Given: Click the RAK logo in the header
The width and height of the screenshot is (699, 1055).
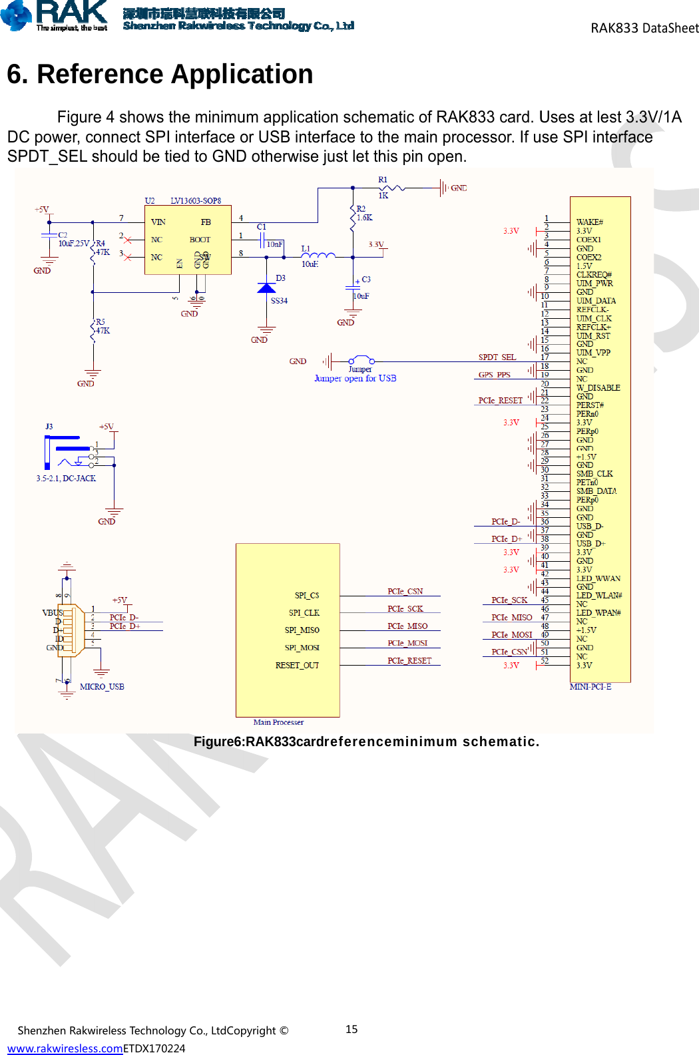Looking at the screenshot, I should (x=55, y=15).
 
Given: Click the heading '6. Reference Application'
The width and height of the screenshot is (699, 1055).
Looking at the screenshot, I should (x=160, y=74).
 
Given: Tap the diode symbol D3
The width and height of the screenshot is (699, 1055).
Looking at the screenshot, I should (x=266, y=288).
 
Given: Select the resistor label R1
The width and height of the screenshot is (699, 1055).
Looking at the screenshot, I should (x=383, y=180).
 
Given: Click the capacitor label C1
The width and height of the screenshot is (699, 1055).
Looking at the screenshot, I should (x=262, y=227).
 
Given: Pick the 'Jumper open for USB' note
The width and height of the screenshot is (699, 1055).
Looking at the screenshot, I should (x=355, y=378).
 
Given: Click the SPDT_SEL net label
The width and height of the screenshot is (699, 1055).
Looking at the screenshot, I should (x=497, y=357).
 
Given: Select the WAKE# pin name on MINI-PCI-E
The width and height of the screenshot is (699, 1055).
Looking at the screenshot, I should (x=589, y=222).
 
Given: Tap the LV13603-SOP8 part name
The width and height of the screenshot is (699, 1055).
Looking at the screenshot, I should (x=196, y=200).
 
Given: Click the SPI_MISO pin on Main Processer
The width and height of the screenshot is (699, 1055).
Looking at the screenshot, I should (x=302, y=630).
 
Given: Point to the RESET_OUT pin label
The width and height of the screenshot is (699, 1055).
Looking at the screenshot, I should (x=297, y=665).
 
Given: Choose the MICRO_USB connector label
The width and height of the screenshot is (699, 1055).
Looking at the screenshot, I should (x=102, y=686).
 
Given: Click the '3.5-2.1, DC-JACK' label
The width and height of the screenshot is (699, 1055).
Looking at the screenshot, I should (x=66, y=478).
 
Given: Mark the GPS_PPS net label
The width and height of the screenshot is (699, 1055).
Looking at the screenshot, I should (x=494, y=375).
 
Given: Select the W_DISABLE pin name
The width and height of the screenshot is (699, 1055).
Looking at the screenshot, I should (x=598, y=387).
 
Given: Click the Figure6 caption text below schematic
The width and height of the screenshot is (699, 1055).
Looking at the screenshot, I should (x=366, y=741).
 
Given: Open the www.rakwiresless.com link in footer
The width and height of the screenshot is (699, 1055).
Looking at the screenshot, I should (x=65, y=1048).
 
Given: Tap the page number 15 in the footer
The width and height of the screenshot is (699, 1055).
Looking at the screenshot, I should (x=351, y=1029).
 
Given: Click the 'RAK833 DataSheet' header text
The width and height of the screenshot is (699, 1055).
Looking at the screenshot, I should (x=644, y=28).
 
